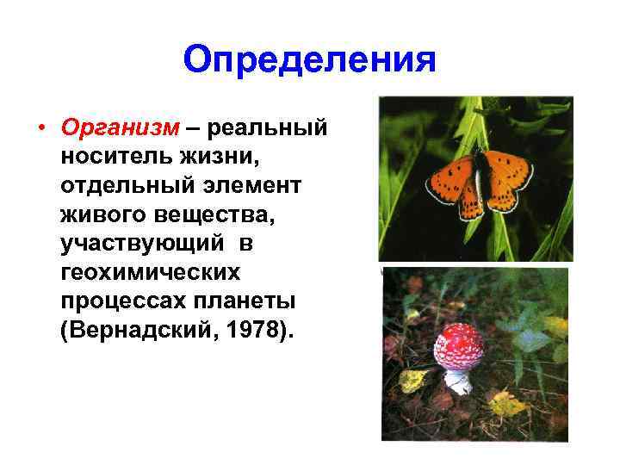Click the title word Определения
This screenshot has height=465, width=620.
pos(310,59)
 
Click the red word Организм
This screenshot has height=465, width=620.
pos(120,128)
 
